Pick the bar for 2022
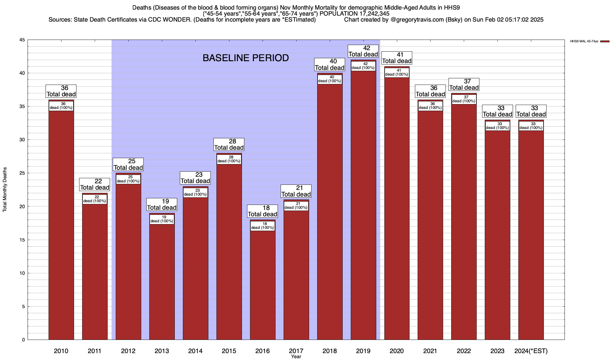tap(464, 222)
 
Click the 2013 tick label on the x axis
tap(162, 351)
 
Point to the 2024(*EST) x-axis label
tap(531, 351)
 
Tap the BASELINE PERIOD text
tap(246, 58)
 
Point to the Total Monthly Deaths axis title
tap(5, 190)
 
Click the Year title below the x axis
tap(296, 357)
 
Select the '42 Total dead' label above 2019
tap(363, 51)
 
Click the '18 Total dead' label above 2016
tap(263, 211)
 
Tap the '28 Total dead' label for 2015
tap(229, 145)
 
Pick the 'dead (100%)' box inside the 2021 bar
tap(430, 106)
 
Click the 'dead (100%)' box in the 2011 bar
tap(95, 199)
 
